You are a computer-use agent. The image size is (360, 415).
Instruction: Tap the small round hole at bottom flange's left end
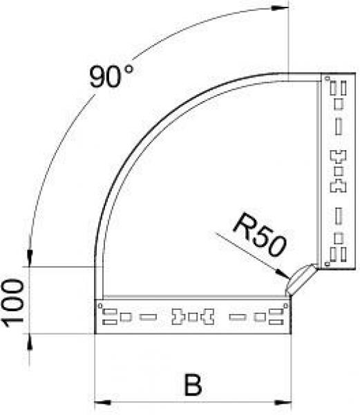point(101,304)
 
